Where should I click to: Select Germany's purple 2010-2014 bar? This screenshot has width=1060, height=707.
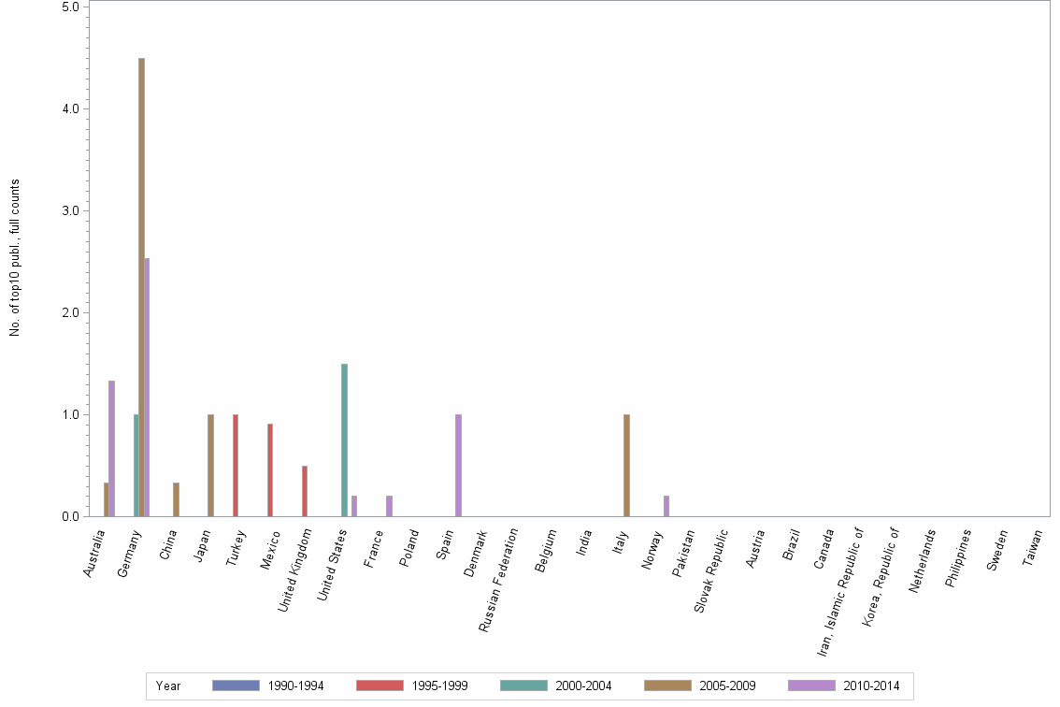tap(147, 387)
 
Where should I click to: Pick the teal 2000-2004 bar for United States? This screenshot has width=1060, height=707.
tap(344, 440)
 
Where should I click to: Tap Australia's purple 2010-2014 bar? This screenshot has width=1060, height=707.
tap(111, 448)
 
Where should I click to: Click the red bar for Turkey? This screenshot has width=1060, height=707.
tap(236, 465)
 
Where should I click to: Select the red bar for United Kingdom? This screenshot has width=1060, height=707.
tap(305, 491)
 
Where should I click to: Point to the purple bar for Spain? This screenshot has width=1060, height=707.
tap(458, 465)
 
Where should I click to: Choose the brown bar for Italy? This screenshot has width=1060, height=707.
tap(626, 465)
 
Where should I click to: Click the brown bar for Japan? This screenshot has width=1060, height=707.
tap(210, 465)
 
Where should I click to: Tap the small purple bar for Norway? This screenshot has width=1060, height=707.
tap(666, 506)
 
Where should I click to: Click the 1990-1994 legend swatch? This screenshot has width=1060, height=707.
tap(236, 685)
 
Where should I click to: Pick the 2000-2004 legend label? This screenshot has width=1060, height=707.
tap(583, 685)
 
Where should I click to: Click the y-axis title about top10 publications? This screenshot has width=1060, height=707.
tap(15, 257)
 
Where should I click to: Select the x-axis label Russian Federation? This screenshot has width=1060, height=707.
tap(499, 580)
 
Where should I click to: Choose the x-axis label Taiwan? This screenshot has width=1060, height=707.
tap(1034, 550)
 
